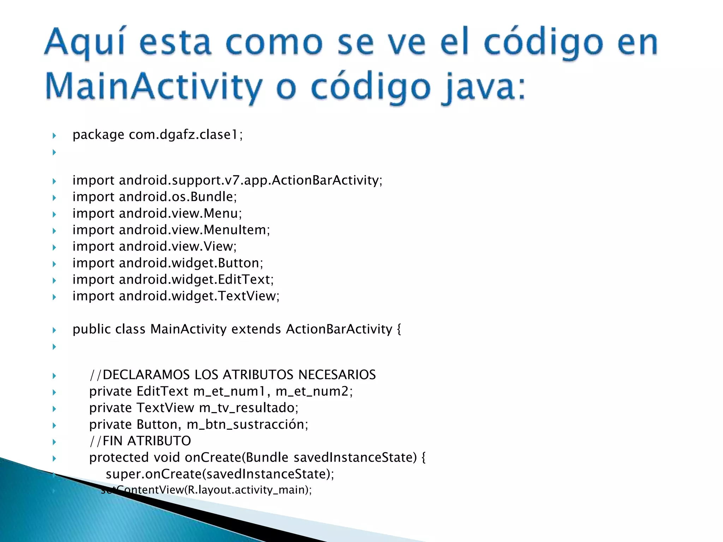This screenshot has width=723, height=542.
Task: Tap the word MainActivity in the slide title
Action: click(x=154, y=86)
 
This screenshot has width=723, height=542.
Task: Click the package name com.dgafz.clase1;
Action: click(x=186, y=134)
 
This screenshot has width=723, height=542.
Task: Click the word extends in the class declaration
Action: click(x=256, y=329)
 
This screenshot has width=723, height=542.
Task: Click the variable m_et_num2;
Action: click(x=314, y=391)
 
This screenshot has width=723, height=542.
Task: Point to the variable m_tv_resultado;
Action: click(x=249, y=408)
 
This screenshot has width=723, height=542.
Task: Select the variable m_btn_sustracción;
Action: click(x=247, y=424)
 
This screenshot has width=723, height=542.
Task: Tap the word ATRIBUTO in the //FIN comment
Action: click(x=159, y=441)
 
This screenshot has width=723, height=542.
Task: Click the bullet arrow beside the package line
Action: click(x=54, y=135)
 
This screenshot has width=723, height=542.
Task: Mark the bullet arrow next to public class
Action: click(x=54, y=330)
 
